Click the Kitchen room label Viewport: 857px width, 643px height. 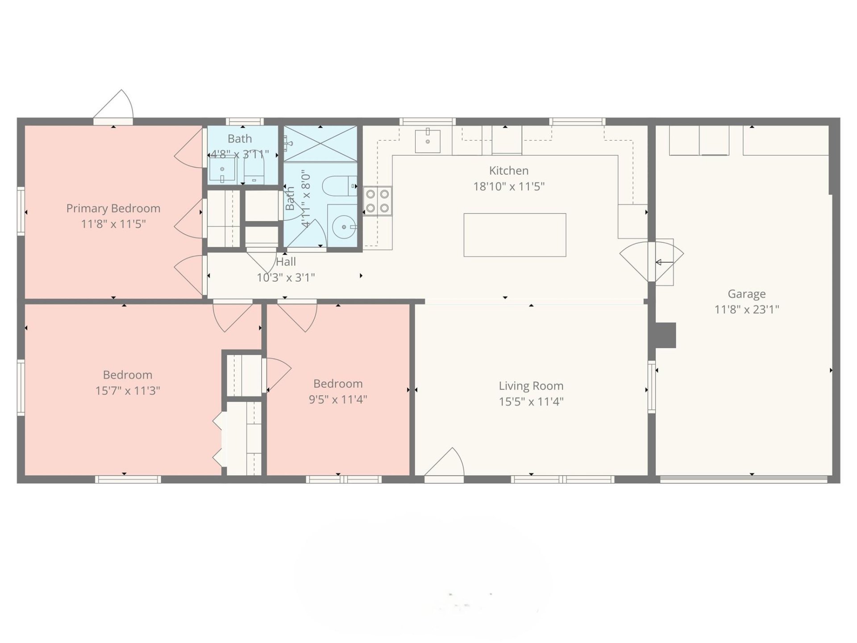tap(508, 171)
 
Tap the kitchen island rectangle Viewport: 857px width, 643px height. tap(515, 235)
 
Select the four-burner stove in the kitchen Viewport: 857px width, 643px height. tap(377, 201)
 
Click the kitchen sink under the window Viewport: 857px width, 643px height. tap(427, 141)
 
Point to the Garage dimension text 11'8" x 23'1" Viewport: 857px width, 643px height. tap(746, 309)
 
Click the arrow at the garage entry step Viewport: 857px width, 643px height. tap(664, 263)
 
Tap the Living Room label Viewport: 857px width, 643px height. tap(531, 386)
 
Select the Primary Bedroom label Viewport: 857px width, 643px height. tap(113, 209)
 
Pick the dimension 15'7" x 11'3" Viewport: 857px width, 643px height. tap(128, 391)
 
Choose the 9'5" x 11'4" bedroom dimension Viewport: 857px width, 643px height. tap(338, 399)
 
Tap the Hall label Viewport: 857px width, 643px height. tap(286, 262)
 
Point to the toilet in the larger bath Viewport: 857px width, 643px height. tap(339, 186)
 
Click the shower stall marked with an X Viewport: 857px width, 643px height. tap(320, 143)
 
